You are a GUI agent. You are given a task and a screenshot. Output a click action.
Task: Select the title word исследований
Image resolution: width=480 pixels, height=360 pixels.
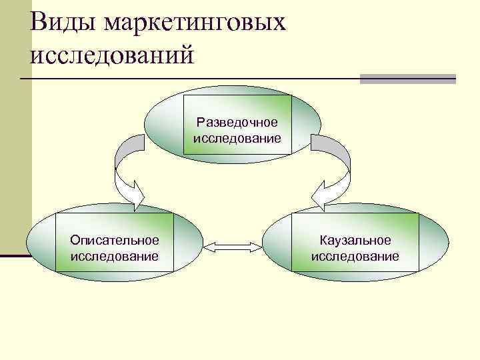click(x=111, y=54)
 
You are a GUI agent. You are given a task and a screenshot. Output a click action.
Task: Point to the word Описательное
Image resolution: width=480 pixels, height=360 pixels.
click(x=115, y=240)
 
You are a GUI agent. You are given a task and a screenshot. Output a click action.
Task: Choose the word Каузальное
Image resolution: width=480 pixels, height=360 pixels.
click(x=355, y=240)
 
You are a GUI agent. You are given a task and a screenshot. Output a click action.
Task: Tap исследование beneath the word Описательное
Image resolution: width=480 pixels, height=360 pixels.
click(x=115, y=256)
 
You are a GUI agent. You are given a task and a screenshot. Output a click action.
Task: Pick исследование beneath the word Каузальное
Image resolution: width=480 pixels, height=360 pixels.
click(x=355, y=256)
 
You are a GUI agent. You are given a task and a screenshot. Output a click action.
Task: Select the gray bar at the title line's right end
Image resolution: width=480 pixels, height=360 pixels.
click(x=407, y=79)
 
